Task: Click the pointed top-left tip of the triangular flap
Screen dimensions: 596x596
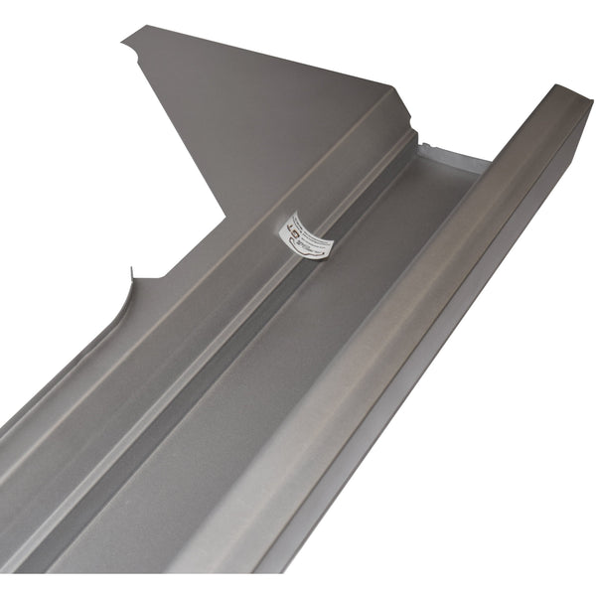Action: [x=124, y=40]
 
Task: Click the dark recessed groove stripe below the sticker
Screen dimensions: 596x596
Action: [x=228, y=328]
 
